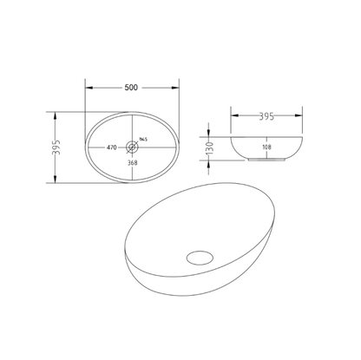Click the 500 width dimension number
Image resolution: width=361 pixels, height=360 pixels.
click(132, 87)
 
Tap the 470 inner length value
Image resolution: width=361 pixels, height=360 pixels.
click(112, 148)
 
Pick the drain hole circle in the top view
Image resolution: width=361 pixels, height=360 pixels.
click(132, 147)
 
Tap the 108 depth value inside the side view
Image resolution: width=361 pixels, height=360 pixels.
click(266, 147)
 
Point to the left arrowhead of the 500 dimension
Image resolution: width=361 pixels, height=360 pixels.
click(87, 92)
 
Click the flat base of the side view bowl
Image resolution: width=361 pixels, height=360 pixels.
click(266, 160)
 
